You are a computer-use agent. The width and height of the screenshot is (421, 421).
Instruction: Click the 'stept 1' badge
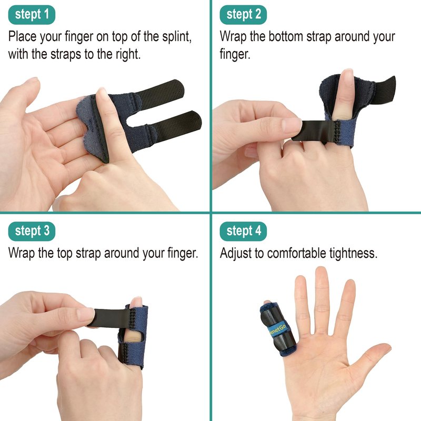(x=32, y=15)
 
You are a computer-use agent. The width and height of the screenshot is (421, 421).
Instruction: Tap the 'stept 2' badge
(x=243, y=15)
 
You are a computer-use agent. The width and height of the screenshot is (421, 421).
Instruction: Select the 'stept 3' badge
(x=32, y=231)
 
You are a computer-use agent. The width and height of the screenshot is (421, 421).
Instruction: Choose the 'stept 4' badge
(x=243, y=231)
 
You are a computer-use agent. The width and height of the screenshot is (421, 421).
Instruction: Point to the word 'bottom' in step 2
(x=286, y=36)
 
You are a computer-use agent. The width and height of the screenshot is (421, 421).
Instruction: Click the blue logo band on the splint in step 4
(x=277, y=329)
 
